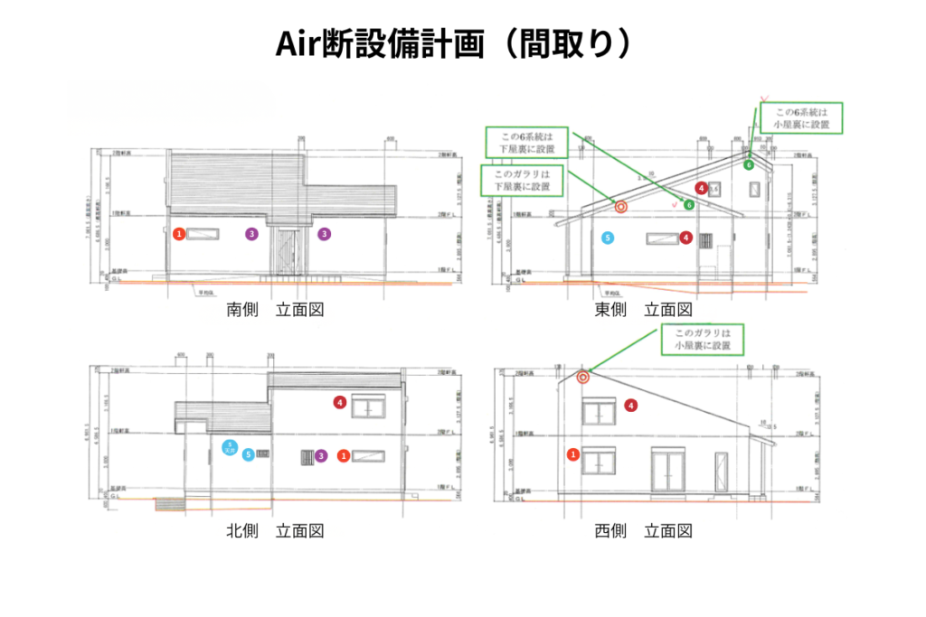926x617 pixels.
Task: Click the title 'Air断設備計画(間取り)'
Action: tap(462, 42)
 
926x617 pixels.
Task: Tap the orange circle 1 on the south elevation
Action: tap(180, 234)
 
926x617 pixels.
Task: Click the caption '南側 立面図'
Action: tap(275, 310)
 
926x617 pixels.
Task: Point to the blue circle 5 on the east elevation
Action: tap(608, 238)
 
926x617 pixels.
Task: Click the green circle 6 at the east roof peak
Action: tap(748, 164)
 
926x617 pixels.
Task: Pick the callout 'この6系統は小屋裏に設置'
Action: tap(801, 118)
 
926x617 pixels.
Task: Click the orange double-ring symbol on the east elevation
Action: tap(620, 206)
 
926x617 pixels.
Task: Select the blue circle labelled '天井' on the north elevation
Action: tap(231, 446)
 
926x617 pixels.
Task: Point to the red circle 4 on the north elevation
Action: tap(340, 402)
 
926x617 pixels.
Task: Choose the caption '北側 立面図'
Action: tap(275, 531)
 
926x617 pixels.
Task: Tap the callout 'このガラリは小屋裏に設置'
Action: tap(702, 339)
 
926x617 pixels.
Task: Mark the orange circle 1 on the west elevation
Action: tap(572, 453)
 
